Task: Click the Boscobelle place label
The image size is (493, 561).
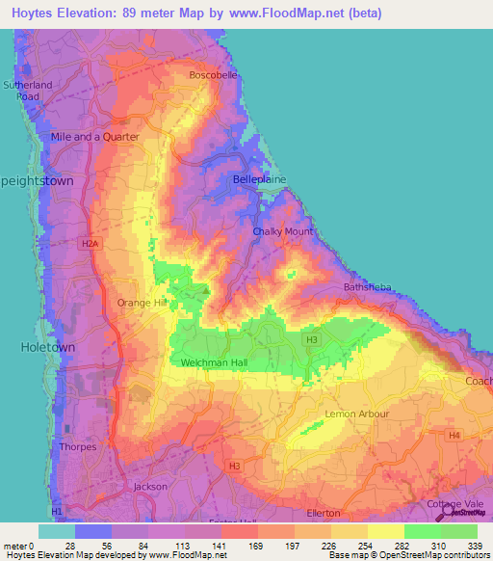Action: [214, 74]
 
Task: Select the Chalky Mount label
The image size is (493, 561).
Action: [282, 232]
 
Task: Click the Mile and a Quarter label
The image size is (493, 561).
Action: [95, 137]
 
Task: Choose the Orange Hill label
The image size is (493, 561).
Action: [142, 303]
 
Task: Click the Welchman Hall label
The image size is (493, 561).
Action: [218, 362]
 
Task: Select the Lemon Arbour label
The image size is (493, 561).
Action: [357, 414]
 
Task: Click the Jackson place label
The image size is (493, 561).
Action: [151, 487]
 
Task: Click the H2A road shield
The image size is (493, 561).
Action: [91, 244]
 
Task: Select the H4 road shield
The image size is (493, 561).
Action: [454, 436]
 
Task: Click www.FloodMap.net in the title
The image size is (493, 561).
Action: [297, 13]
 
